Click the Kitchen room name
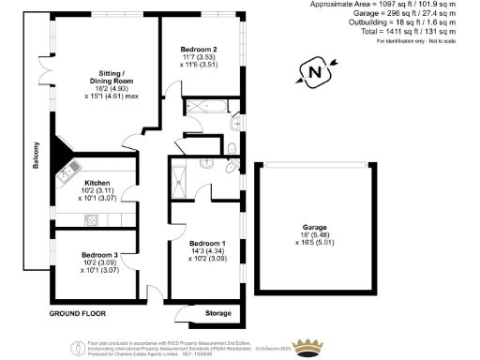[97, 183]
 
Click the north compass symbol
[313, 70]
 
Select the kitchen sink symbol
[69, 171]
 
